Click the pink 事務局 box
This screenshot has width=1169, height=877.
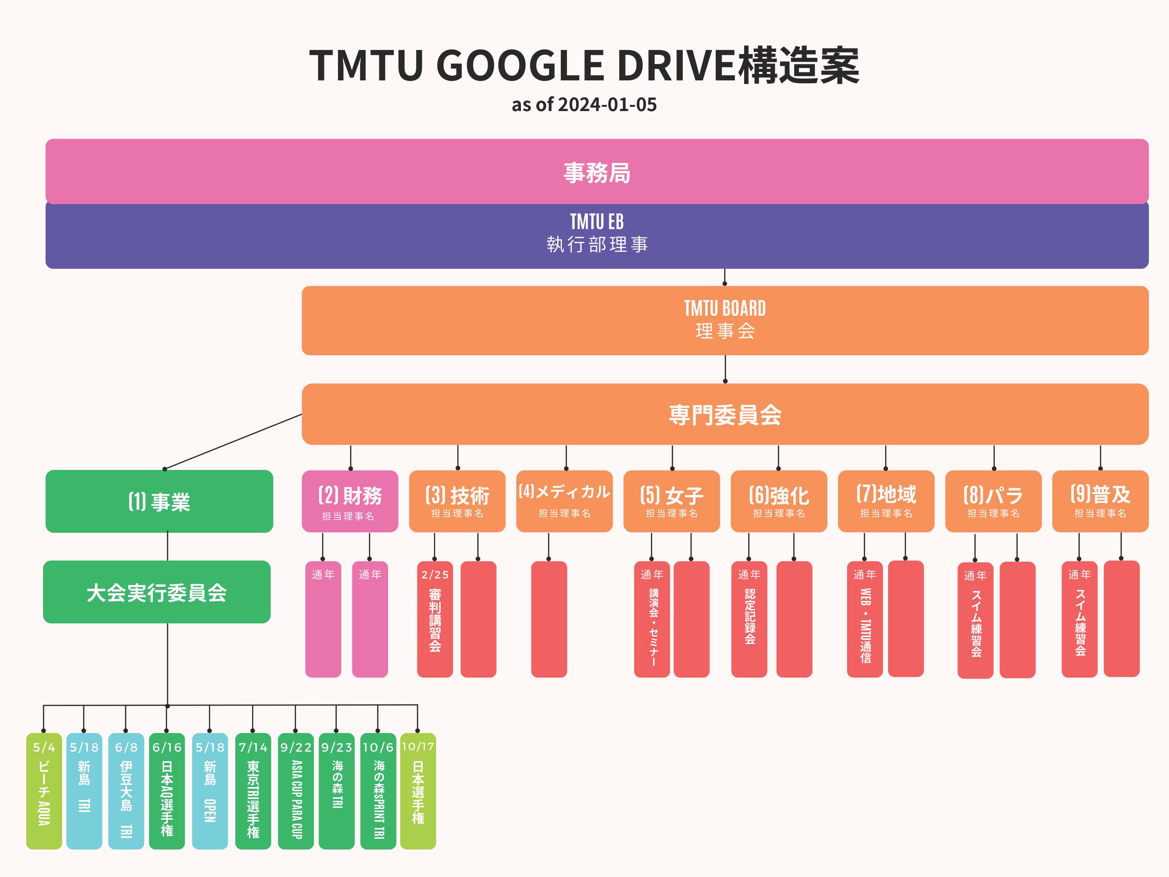point(596,171)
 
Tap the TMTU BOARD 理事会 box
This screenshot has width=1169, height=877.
point(724,320)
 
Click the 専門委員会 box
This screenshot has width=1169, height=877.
point(724,414)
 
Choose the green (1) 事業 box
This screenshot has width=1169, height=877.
point(159,501)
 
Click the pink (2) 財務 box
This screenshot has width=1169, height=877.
point(350,501)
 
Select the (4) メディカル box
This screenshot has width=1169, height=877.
point(564,501)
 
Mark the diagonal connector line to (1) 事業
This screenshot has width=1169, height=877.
point(233,442)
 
